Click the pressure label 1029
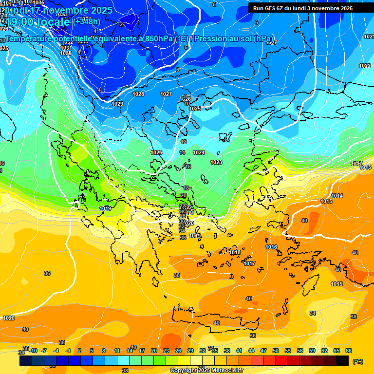(117, 104)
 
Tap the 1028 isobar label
(138, 94)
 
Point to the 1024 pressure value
(199, 152)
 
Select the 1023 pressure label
(216, 162)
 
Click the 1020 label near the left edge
(9, 318)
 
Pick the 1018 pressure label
(235, 252)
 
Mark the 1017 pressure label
(250, 263)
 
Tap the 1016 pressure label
(271, 247)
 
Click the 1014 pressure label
(337, 196)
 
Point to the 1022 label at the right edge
(365, 66)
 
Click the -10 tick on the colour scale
(34, 351)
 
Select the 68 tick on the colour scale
(349, 351)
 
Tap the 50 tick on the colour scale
(276, 351)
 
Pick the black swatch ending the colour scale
(342, 361)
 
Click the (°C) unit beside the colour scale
(358, 361)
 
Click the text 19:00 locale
(37, 22)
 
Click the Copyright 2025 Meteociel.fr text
(206, 370)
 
